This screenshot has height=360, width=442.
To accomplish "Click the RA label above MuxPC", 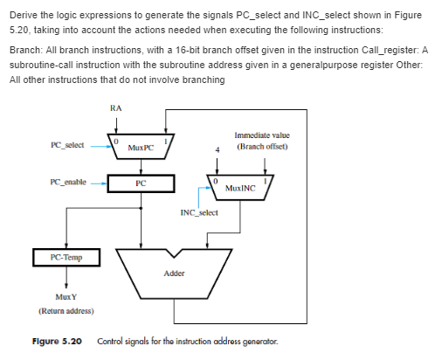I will point(116,107).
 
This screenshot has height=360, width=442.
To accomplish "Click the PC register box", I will point(141,183).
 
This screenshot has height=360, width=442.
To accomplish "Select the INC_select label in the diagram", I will point(199,212).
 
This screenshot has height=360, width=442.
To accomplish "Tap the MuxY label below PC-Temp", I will point(66,296).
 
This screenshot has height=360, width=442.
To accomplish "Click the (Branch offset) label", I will point(262,146).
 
